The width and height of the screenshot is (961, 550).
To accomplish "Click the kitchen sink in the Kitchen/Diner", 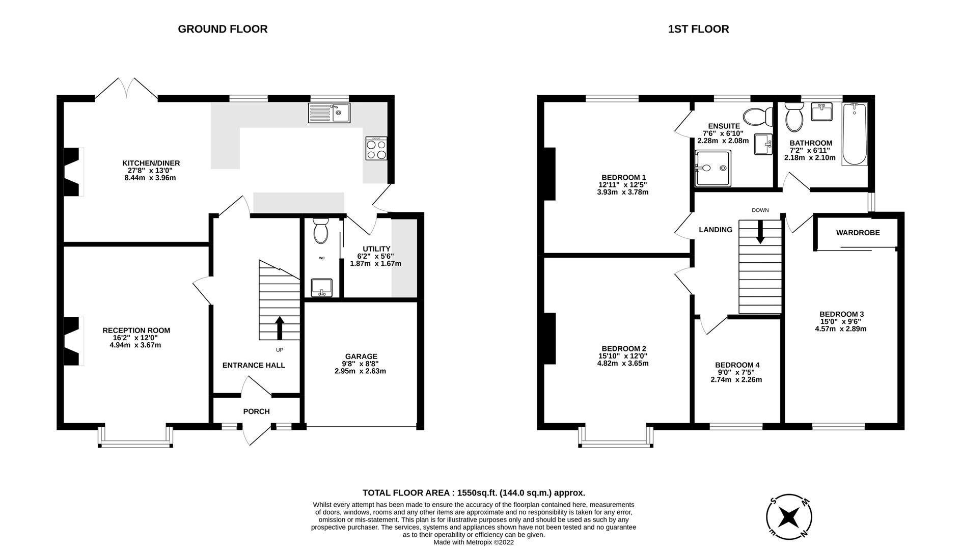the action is pos(328,113).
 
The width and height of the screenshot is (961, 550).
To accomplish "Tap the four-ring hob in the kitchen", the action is pos(376,149).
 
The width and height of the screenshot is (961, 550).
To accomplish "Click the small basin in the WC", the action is pos(321,288).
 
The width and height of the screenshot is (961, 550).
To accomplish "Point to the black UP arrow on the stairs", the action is pos(280,327).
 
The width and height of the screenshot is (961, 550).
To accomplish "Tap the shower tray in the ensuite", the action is pos(713,168).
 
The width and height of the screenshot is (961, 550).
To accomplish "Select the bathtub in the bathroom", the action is pos(855,134).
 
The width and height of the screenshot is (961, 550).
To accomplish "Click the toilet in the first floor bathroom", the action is pos(794,117).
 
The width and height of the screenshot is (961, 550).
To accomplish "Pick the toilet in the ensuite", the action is pos(758,117).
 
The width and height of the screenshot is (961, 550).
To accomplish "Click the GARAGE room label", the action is pos(361,356).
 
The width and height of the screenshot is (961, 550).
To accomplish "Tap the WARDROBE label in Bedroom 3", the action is pos(858,233).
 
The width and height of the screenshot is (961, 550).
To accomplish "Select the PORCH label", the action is pos(256,411).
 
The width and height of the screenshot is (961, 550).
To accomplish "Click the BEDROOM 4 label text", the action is pos(737,365).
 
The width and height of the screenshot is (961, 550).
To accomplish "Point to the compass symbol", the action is pos(789,517).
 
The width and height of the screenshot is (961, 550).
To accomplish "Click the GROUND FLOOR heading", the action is pos(223,29).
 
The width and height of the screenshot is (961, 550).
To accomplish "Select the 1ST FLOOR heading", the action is pos(698,29).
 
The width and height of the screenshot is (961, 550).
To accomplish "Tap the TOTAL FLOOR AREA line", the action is pos(474,492).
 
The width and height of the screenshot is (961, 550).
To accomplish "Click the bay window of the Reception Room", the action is pos(135,437).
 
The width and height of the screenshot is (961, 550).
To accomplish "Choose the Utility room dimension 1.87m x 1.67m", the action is pos(375,264).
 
